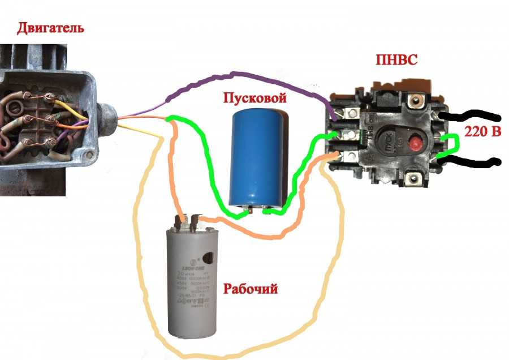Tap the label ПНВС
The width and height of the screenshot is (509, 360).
(x=396, y=60)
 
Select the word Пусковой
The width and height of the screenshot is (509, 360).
(x=254, y=98)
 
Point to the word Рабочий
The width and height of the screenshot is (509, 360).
(x=251, y=289)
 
